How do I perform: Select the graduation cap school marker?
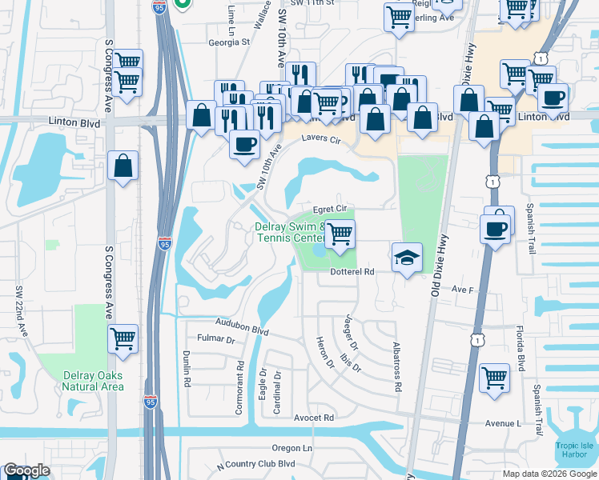(406, 258)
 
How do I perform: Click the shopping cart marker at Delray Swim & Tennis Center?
(340, 234)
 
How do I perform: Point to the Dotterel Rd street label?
(352, 272)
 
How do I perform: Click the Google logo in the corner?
(26, 470)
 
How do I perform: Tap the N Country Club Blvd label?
(256, 464)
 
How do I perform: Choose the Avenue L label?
(502, 423)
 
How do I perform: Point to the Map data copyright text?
(549, 473)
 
